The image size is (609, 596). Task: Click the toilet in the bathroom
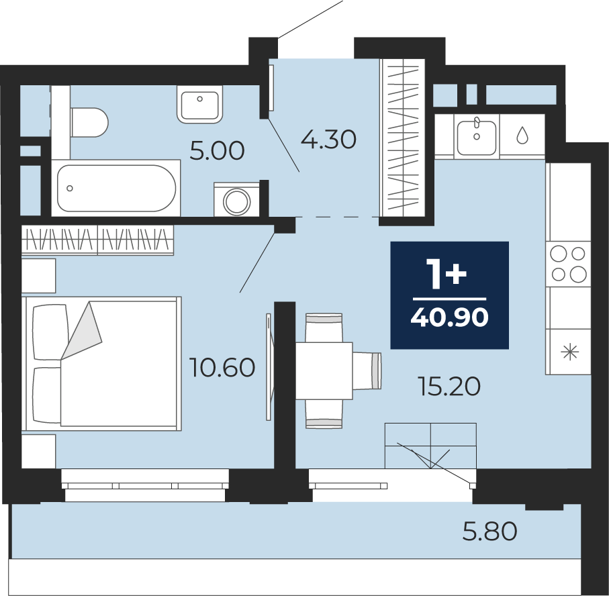89,122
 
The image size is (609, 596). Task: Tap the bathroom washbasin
200,104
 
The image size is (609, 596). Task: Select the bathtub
116,188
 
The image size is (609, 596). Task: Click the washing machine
236,199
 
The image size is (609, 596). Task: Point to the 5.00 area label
217,150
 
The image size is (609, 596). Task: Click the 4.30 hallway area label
328,140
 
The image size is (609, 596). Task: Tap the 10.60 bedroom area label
222,367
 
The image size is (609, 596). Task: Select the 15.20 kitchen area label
449,387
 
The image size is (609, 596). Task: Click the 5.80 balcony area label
489,531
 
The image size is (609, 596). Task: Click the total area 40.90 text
449,317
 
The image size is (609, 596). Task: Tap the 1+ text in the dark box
447,274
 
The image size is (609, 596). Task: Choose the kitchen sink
477,137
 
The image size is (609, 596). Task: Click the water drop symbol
522,135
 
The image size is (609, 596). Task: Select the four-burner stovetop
568,264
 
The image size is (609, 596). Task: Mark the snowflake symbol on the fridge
570,352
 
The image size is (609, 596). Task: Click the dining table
324,370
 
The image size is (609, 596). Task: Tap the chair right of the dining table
367,370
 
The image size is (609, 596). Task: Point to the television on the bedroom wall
269,367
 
